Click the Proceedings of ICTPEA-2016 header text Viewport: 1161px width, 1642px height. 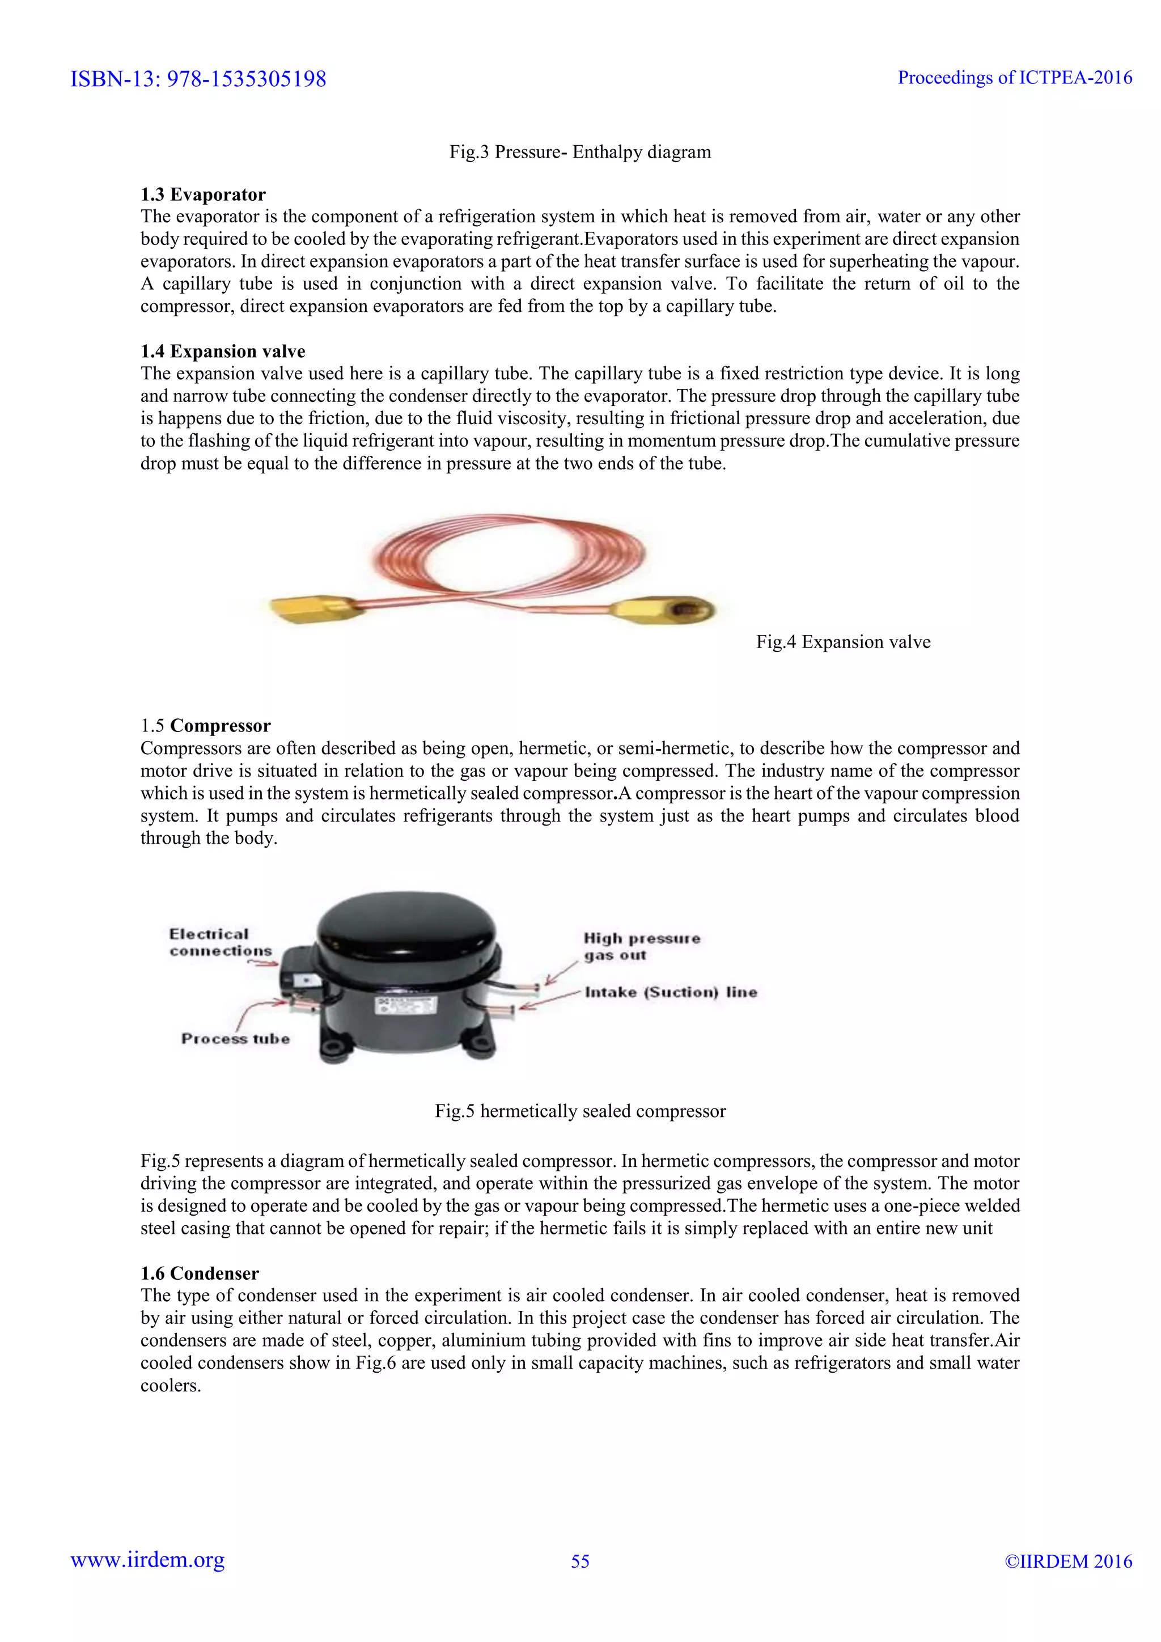click(x=1014, y=77)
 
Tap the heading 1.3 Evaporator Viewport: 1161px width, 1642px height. click(x=202, y=194)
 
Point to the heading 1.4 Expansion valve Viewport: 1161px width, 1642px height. click(x=222, y=351)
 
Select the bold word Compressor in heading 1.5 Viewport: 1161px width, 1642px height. click(x=220, y=725)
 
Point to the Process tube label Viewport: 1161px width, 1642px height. click(x=235, y=1038)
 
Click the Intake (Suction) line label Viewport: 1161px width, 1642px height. click(x=671, y=992)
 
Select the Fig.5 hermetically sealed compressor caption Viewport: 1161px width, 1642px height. click(x=580, y=1111)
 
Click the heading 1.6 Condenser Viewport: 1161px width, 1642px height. click(x=200, y=1273)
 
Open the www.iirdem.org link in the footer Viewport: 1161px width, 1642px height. click(x=147, y=1560)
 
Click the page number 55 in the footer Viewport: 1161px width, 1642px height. click(x=580, y=1561)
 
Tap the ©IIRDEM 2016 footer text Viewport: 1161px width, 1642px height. click(x=1068, y=1561)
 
